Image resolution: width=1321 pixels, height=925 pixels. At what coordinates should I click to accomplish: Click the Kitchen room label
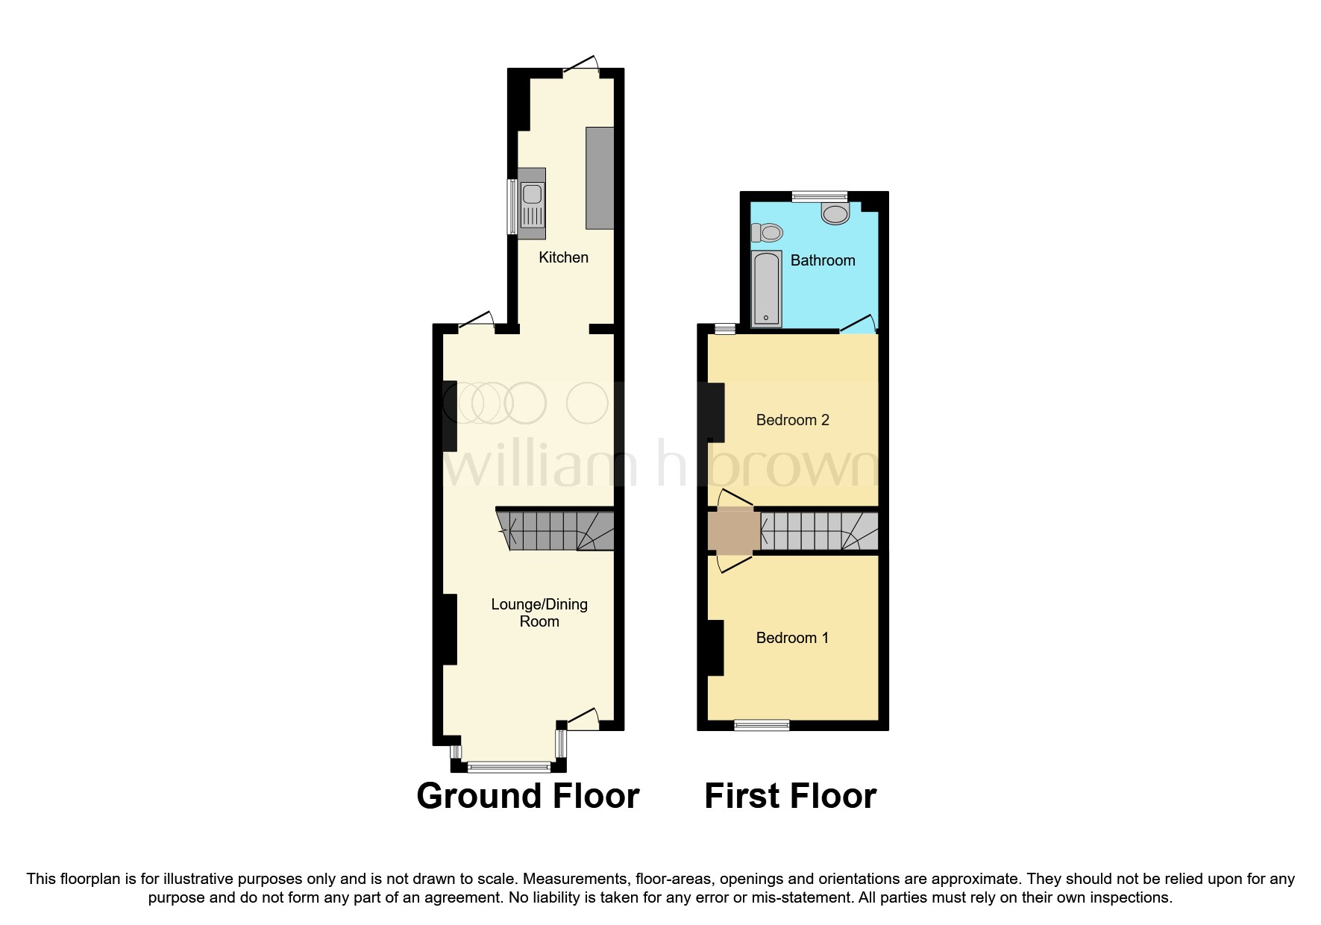pos(563,257)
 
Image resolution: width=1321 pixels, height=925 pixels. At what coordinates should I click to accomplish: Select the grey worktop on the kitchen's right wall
pos(600,178)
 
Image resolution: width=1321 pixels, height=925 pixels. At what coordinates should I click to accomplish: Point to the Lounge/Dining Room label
pos(539,612)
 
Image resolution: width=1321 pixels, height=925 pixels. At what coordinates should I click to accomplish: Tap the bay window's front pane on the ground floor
pos(509,766)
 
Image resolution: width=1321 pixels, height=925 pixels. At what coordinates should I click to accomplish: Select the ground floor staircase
pos(556,530)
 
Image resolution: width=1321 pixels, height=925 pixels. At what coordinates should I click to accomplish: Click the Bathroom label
pos(822,260)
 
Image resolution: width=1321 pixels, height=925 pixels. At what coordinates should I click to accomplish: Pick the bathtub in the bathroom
pos(767,289)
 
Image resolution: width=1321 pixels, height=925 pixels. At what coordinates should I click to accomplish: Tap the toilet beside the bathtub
pos(768,233)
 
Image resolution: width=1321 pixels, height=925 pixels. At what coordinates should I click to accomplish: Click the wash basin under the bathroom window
pos(835,213)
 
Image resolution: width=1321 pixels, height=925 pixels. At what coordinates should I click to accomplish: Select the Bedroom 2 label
pos(792,420)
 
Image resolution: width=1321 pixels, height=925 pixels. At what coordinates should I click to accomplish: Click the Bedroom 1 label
pos(792,638)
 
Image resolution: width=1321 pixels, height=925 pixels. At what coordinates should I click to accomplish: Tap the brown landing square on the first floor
pos(734,531)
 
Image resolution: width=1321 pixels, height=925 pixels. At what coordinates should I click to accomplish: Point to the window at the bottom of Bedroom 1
pos(762,724)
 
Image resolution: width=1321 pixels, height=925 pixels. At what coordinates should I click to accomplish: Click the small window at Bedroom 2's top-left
pos(724,328)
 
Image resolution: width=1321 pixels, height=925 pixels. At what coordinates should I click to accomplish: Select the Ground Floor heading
pos(527,796)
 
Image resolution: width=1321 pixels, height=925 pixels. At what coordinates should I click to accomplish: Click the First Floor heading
pos(790,796)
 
